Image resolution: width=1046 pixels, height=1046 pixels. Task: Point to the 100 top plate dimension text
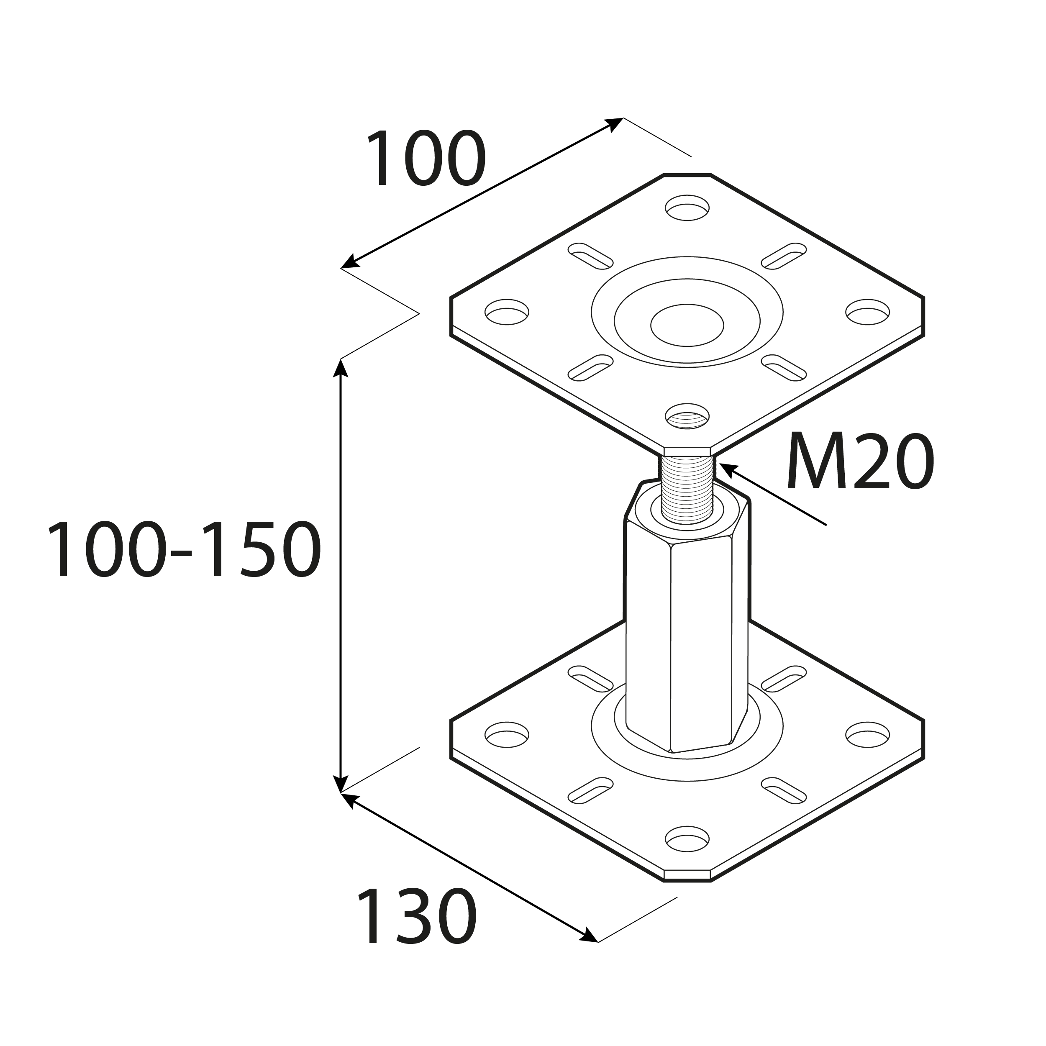pos(426,158)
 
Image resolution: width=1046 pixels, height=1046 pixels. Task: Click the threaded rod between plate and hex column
pos(687,490)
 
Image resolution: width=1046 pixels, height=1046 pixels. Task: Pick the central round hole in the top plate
pos(687,325)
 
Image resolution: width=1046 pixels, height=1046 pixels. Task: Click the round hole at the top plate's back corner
pos(687,208)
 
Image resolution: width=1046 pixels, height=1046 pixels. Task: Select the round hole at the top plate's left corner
pos(507,312)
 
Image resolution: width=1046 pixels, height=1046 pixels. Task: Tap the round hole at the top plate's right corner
pos(867,312)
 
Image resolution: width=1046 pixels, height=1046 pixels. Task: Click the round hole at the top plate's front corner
pos(687,416)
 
